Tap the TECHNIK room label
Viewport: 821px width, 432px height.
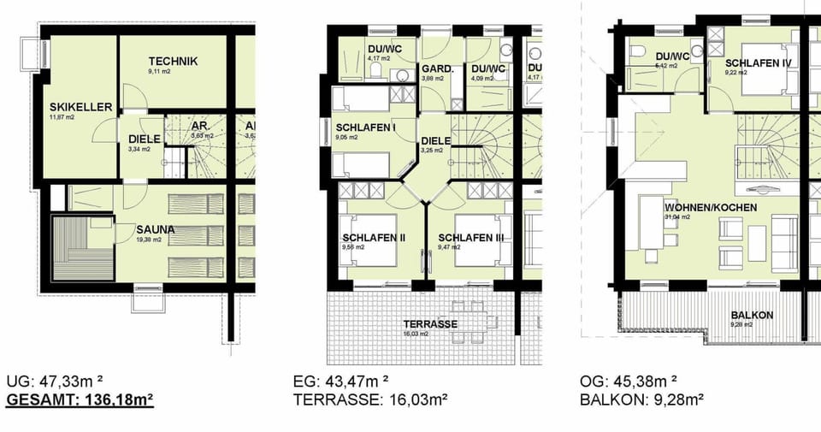173,61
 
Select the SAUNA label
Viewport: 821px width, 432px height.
155,229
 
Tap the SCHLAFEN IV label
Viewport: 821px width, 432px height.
758,63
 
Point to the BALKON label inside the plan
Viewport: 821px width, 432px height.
753,315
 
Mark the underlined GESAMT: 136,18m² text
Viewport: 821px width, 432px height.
80,399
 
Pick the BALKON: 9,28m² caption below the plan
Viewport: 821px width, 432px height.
641,399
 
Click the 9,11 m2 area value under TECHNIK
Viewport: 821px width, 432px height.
162,72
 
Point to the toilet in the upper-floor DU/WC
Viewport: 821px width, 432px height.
637,51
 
